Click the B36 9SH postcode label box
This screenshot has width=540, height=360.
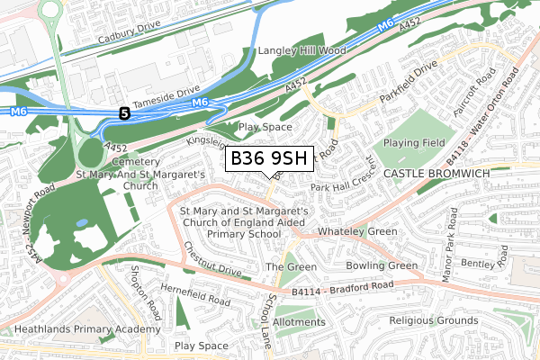pyautogui.click(x=268, y=159)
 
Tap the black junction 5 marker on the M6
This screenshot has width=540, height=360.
pyautogui.click(x=124, y=112)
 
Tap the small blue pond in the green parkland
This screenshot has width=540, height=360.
pyautogui.click(x=82, y=222)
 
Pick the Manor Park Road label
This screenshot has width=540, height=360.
pyautogui.click(x=445, y=256)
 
